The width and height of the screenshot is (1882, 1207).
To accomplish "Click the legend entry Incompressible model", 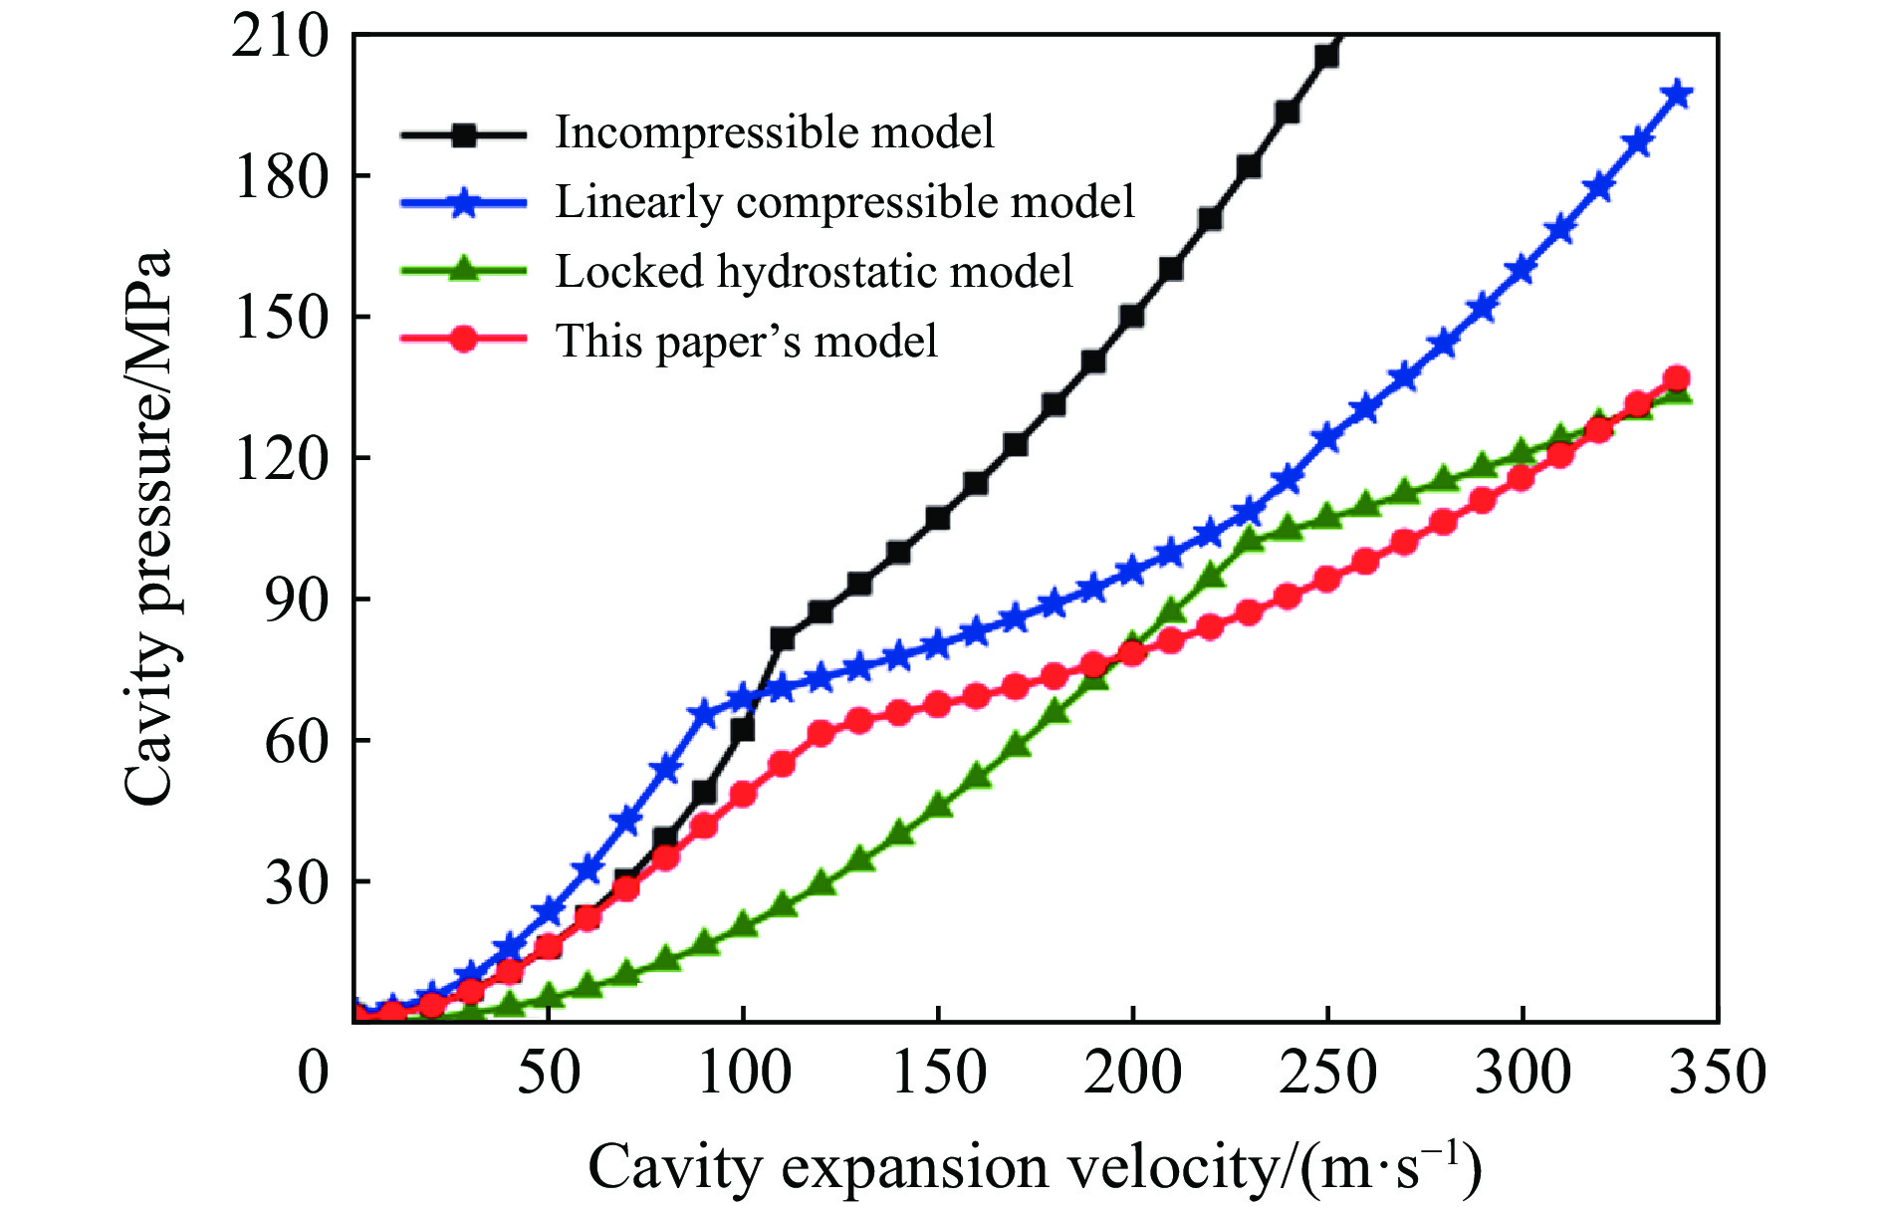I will (774, 132).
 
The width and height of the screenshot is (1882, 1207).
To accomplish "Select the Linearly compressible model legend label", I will (844, 202).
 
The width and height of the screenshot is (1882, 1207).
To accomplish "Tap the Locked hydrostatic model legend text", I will (814, 272).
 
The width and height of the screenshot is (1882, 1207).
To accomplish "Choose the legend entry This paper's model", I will (746, 342).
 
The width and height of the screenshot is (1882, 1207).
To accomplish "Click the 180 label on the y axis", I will (280, 177).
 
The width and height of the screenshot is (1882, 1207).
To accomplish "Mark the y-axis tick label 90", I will (296, 600).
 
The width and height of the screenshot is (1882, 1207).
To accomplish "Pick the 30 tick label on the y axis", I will (296, 882).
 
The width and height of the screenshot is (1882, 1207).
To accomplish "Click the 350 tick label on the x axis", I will (1717, 1074).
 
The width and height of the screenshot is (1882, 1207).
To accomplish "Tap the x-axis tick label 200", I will (1132, 1074).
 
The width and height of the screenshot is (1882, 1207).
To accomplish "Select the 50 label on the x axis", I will (549, 1074).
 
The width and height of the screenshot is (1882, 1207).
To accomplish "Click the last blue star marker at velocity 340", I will (1678, 95).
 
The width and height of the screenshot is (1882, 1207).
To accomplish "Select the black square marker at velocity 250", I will (1326, 57).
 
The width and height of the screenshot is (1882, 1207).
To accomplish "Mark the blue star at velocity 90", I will (704, 713).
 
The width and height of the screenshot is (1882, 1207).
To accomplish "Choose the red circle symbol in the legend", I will (463, 340).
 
